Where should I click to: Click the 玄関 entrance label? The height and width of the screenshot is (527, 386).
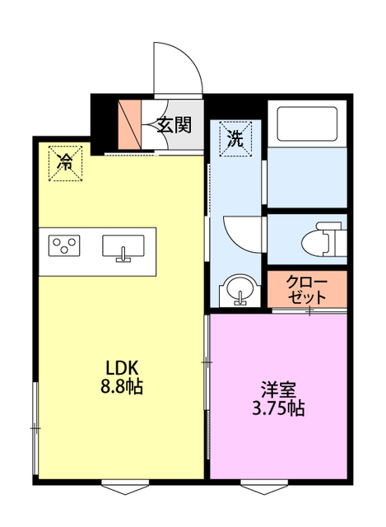coord(174,125)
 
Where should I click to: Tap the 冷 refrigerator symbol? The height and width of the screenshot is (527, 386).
coord(64,161)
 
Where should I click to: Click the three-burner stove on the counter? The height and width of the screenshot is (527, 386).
coord(64,245)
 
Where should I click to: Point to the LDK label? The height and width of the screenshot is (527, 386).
coord(120,368)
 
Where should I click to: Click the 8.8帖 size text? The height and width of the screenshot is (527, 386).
coord(120,386)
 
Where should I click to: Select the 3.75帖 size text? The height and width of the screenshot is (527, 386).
coord(277,408)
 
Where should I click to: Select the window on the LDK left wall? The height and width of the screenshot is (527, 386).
coord(35,428)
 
